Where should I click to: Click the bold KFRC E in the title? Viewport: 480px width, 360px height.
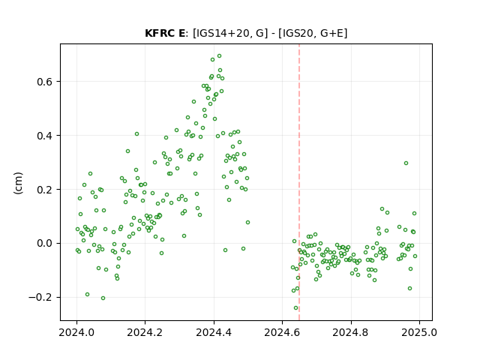(165, 33)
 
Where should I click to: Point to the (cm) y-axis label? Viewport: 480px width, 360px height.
(18, 183)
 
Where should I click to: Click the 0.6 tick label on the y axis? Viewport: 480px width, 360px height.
(45, 82)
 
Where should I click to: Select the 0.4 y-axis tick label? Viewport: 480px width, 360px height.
(45, 136)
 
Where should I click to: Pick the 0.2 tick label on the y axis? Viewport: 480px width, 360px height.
(45, 190)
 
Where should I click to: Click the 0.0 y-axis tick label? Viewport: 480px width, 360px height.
(45, 243)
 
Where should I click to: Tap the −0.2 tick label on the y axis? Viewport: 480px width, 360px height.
(40, 297)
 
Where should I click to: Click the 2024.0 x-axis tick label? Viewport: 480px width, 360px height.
(76, 332)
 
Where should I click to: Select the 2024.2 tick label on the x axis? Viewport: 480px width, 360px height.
(145, 332)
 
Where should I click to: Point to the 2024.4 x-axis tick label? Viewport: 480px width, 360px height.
(214, 332)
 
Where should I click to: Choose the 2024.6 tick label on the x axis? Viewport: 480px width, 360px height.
(282, 332)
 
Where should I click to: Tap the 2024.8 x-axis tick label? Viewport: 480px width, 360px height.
(351, 332)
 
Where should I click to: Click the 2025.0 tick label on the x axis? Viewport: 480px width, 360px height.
(419, 332)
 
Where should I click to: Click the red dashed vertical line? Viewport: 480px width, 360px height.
(299, 182)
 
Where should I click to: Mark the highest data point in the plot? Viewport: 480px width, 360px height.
(219, 56)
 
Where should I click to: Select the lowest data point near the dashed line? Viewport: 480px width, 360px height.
(295, 308)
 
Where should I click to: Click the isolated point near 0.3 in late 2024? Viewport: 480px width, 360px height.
(406, 163)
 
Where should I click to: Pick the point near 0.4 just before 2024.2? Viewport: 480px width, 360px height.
(136, 133)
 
